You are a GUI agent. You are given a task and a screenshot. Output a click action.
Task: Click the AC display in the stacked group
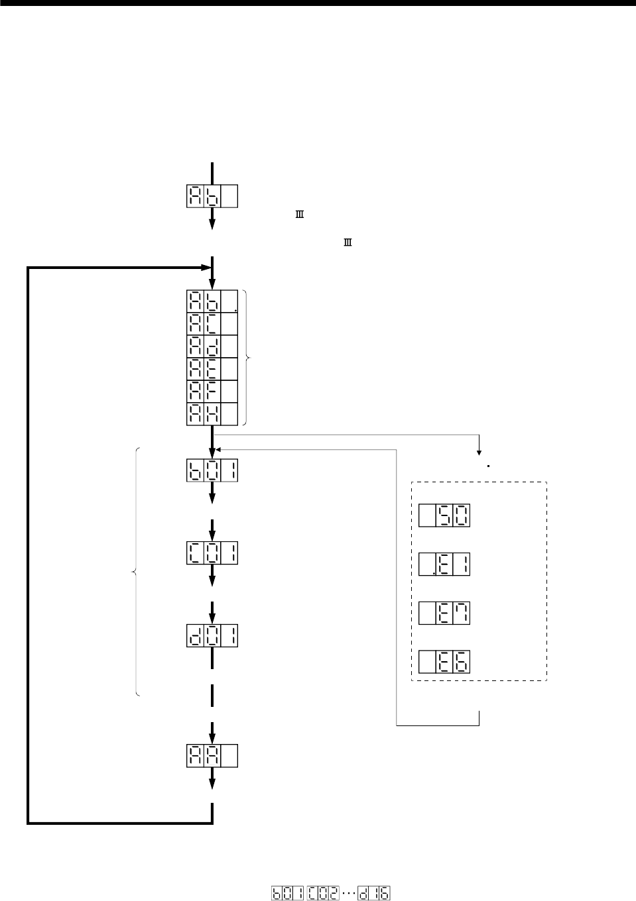coord(212,323)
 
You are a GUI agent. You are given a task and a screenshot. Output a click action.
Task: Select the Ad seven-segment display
coord(212,346)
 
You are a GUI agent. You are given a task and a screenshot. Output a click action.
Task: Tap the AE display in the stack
coord(212,368)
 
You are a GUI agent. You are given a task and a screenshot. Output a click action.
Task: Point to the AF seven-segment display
coord(212,391)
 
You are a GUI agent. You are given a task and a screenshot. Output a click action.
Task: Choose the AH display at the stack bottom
coord(212,413)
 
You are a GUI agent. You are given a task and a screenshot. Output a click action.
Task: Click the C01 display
coord(212,553)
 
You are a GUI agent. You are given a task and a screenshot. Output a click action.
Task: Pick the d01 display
coord(212,636)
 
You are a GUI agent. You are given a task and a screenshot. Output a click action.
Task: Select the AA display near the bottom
coord(212,756)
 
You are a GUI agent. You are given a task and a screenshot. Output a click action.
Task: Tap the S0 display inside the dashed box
coord(444,515)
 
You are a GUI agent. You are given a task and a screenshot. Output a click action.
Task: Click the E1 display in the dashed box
coord(444,564)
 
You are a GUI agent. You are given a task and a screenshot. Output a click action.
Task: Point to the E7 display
coord(444,612)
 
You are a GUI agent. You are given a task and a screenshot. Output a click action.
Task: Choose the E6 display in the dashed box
coord(444,661)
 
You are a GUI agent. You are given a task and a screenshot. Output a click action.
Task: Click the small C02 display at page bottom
coord(322,893)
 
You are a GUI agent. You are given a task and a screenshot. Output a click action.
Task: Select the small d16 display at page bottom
coord(373,893)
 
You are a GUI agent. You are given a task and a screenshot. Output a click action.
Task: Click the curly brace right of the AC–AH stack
coord(249,358)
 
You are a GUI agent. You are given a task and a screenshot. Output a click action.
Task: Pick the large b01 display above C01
coord(212,471)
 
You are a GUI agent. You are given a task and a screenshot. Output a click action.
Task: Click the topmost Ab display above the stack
coord(212,197)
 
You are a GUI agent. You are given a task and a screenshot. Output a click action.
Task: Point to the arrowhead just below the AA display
coord(212,783)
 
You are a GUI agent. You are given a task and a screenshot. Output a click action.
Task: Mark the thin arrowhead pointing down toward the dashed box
coord(479,452)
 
